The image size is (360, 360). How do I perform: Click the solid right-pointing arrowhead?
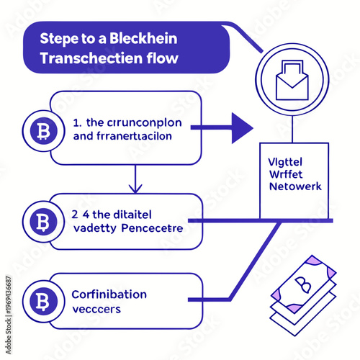tap(240, 128)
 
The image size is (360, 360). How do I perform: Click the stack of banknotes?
tap(302, 292)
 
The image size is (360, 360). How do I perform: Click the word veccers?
tap(96, 309)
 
